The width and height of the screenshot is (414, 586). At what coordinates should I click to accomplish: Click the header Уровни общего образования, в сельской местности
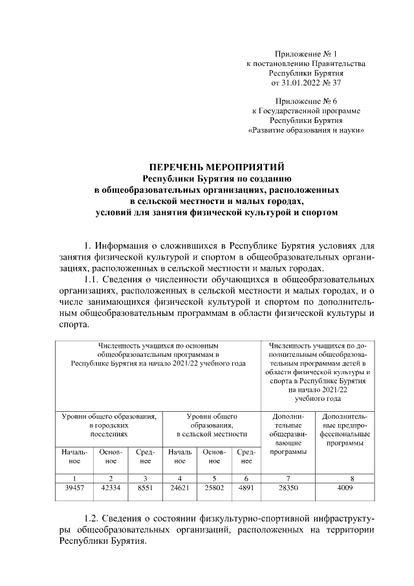coord(212,425)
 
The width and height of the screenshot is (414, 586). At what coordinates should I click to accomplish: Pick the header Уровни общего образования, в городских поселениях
coord(109,425)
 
